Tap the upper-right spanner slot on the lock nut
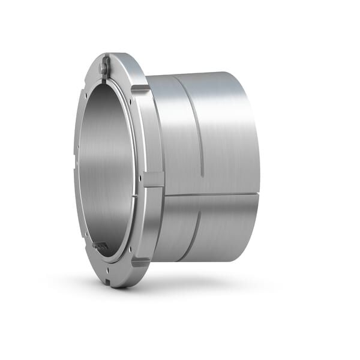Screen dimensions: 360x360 pos(140,89)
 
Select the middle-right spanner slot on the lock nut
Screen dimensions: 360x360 pos(153,179)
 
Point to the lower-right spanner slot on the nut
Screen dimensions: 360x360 pos(140,262)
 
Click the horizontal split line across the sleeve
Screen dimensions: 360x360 pos(210,195)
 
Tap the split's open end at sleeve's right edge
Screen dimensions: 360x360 pos(258,194)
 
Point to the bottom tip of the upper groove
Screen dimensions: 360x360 pos(203,175)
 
